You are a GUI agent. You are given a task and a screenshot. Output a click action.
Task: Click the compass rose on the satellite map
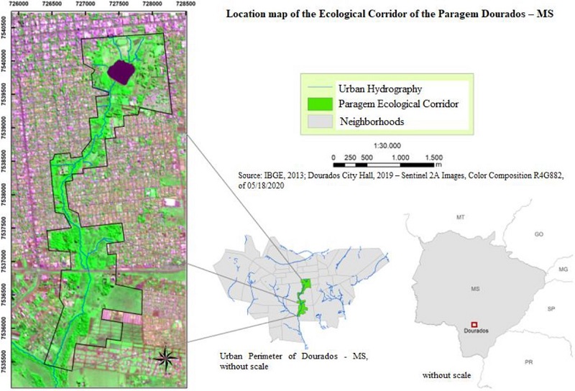coord(165,357)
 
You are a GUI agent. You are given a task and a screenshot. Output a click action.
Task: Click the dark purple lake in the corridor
coord(121,71)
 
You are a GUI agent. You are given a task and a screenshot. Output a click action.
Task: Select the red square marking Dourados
coord(473,325)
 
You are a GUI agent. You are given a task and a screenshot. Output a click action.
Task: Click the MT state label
coord(461,216)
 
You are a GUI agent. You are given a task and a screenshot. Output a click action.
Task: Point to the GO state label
coord(539,234)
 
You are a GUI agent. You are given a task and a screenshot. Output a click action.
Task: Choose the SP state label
coord(551,309)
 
